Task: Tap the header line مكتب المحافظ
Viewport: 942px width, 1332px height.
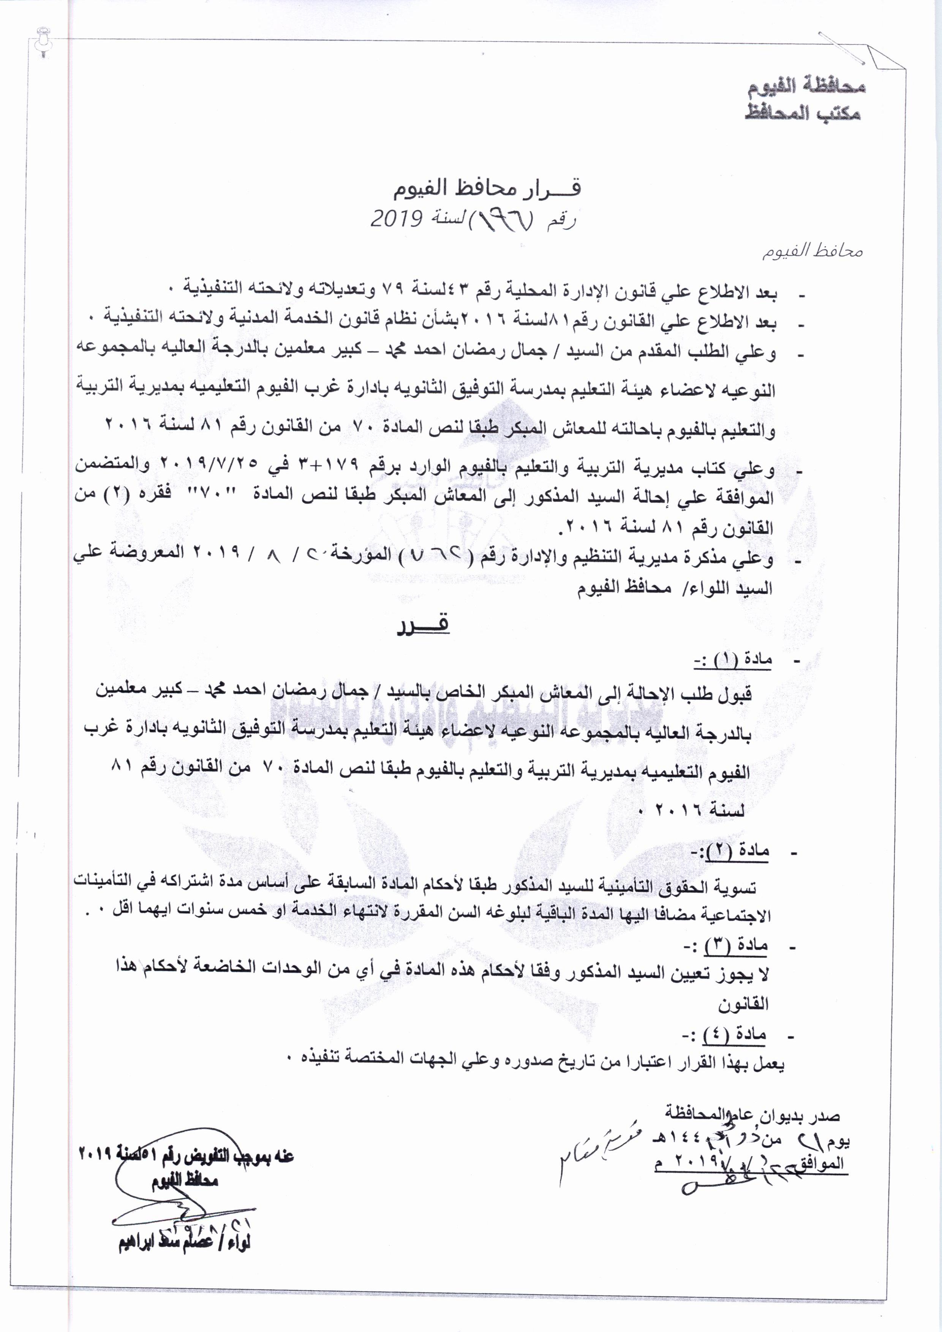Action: coord(803,113)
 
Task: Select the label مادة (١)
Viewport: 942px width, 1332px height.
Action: coord(732,661)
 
